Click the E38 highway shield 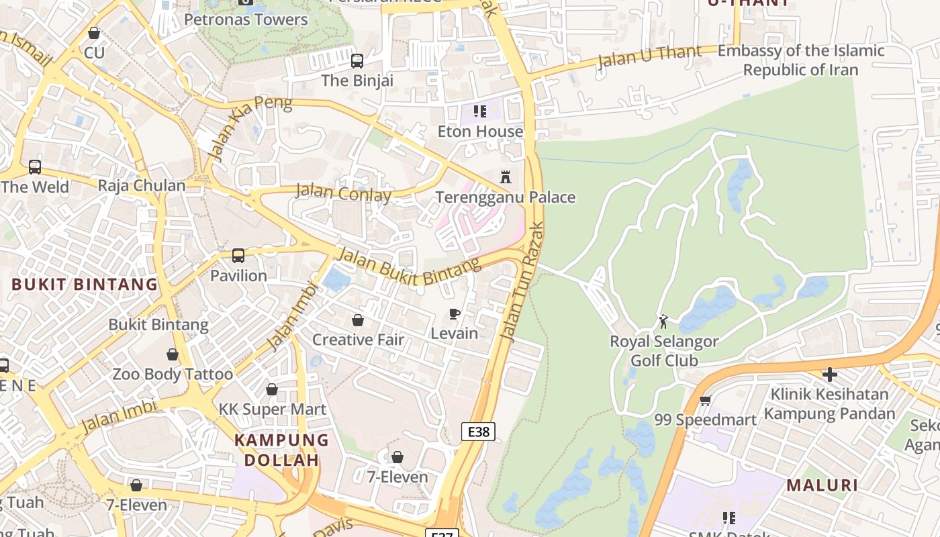click(x=478, y=432)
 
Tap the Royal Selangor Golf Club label click(x=663, y=350)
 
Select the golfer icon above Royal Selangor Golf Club click(x=663, y=322)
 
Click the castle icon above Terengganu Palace click(x=506, y=177)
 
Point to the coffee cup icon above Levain click(x=455, y=313)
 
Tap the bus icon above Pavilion click(x=238, y=256)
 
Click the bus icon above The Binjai click(x=357, y=61)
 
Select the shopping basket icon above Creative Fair click(x=358, y=320)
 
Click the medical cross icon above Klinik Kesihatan click(x=830, y=374)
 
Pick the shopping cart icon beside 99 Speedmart click(x=705, y=401)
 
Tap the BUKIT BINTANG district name click(x=85, y=284)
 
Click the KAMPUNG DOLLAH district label click(x=281, y=450)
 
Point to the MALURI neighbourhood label click(x=822, y=485)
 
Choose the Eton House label click(x=480, y=132)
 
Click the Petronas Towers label click(x=246, y=19)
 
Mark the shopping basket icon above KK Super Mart click(x=272, y=389)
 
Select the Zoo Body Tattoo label click(x=173, y=374)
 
